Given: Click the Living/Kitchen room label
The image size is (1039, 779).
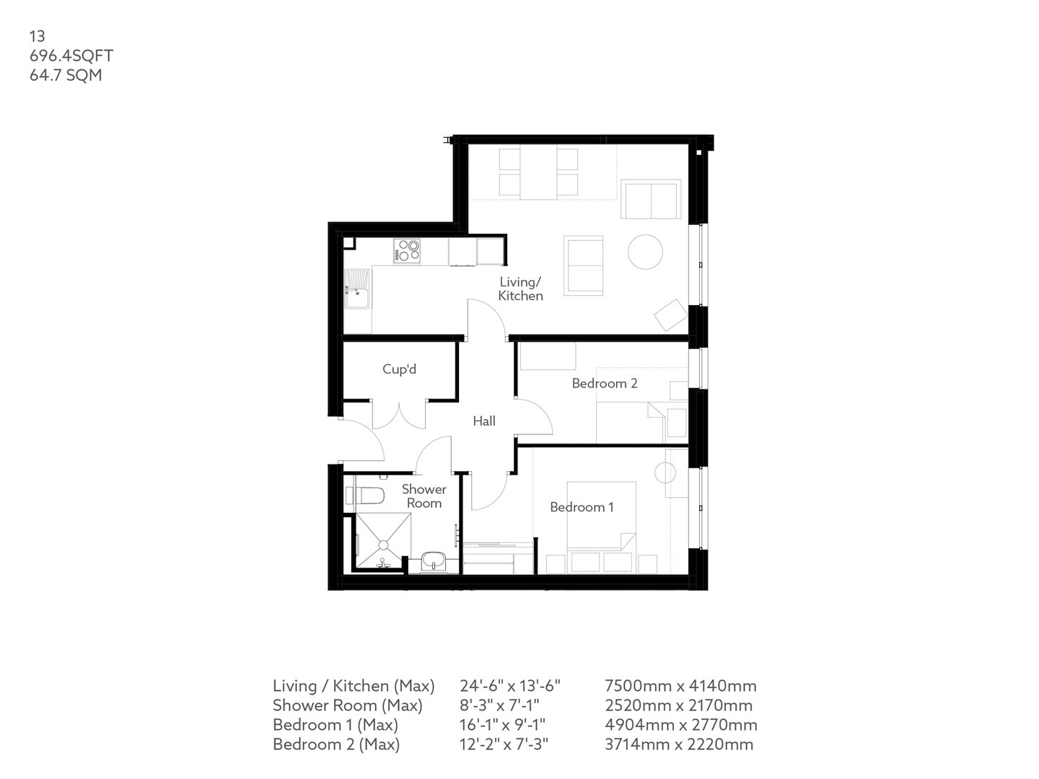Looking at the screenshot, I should pos(520,289).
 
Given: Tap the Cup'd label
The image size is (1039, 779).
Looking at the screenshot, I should pos(399,369).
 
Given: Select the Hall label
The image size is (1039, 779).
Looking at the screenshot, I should pos(484,421).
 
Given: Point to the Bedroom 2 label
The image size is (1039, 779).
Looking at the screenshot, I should pos(605,383).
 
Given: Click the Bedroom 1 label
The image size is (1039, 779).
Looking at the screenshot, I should pos(582,507).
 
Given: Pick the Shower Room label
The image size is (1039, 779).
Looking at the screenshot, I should pos(424,496).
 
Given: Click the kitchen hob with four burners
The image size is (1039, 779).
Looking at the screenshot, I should pos(407,250).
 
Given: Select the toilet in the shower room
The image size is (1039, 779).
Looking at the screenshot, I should pos(364,496).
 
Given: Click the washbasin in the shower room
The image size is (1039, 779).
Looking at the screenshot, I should pos(434,560).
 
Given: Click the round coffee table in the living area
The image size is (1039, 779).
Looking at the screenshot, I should pos(646,252).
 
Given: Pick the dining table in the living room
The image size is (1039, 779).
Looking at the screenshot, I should pos(538,173).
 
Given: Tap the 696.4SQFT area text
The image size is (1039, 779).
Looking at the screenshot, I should pos(71,56).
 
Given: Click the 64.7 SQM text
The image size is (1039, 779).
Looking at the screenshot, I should pos(66,75).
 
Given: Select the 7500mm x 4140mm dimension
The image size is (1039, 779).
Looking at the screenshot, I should pos(680,686).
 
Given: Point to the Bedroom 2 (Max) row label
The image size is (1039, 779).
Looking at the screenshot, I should pos(336,744).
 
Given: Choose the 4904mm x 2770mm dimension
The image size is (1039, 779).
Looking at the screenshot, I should pos(681,725).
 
